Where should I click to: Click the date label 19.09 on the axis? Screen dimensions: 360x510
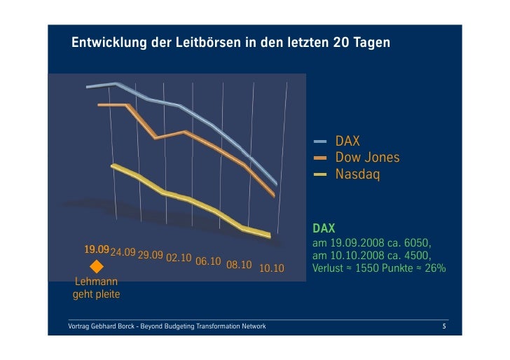pyautogui.click(x=97, y=250)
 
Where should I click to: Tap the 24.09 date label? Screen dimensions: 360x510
pyautogui.click(x=123, y=252)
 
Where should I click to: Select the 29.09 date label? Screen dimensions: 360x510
pyautogui.click(x=151, y=255)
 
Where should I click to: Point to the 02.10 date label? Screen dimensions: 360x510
pyautogui.click(x=179, y=258)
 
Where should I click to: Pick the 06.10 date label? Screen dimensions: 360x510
pyautogui.click(x=209, y=261)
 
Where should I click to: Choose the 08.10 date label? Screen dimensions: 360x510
pyautogui.click(x=239, y=265)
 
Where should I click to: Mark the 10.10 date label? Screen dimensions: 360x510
pyautogui.click(x=272, y=268)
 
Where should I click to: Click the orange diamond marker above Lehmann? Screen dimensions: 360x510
pyautogui.click(x=97, y=267)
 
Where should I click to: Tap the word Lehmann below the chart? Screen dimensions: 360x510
pyautogui.click(x=97, y=282)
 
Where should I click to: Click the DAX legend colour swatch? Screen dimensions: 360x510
pyautogui.click(x=320, y=141)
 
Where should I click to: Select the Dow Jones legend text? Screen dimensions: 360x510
pyautogui.click(x=367, y=158)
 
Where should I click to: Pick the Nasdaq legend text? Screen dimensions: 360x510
pyautogui.click(x=357, y=174)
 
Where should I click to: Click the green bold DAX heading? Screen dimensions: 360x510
pyautogui.click(x=324, y=228)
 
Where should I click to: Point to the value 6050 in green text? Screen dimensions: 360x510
pyautogui.click(x=421, y=242)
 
